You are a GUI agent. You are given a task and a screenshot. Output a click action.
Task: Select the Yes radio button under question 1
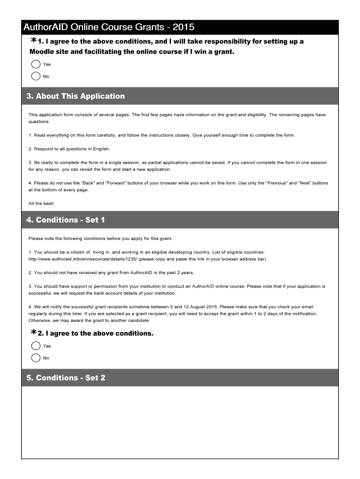[x=36, y=64]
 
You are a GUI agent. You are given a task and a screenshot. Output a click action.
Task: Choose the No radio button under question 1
[x=36, y=76]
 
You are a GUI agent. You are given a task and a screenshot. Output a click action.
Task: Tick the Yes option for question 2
[x=36, y=346]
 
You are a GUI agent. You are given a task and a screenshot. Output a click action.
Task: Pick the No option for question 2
[x=36, y=358]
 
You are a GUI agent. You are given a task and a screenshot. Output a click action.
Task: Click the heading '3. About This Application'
[x=76, y=96]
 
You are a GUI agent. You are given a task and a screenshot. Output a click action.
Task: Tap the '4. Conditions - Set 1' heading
[x=66, y=220]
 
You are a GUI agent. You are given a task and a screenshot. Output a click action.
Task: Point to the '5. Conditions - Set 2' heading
[x=66, y=377]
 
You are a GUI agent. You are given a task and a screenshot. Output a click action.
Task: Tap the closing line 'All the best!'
[x=41, y=203]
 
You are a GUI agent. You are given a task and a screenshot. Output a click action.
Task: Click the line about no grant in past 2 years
[x=111, y=273]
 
